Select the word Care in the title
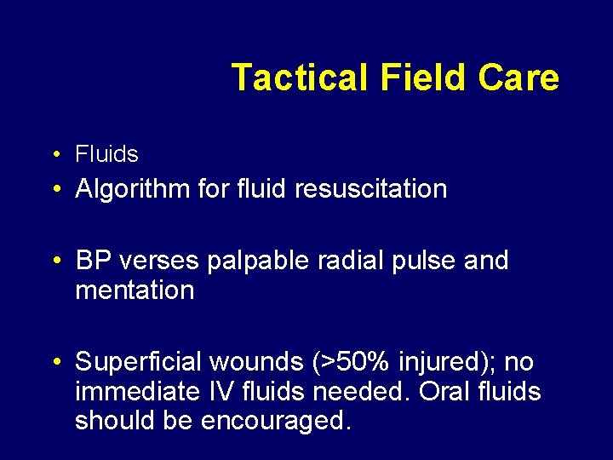coord(518,78)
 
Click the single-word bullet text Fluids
coord(106,154)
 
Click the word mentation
coord(135,290)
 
